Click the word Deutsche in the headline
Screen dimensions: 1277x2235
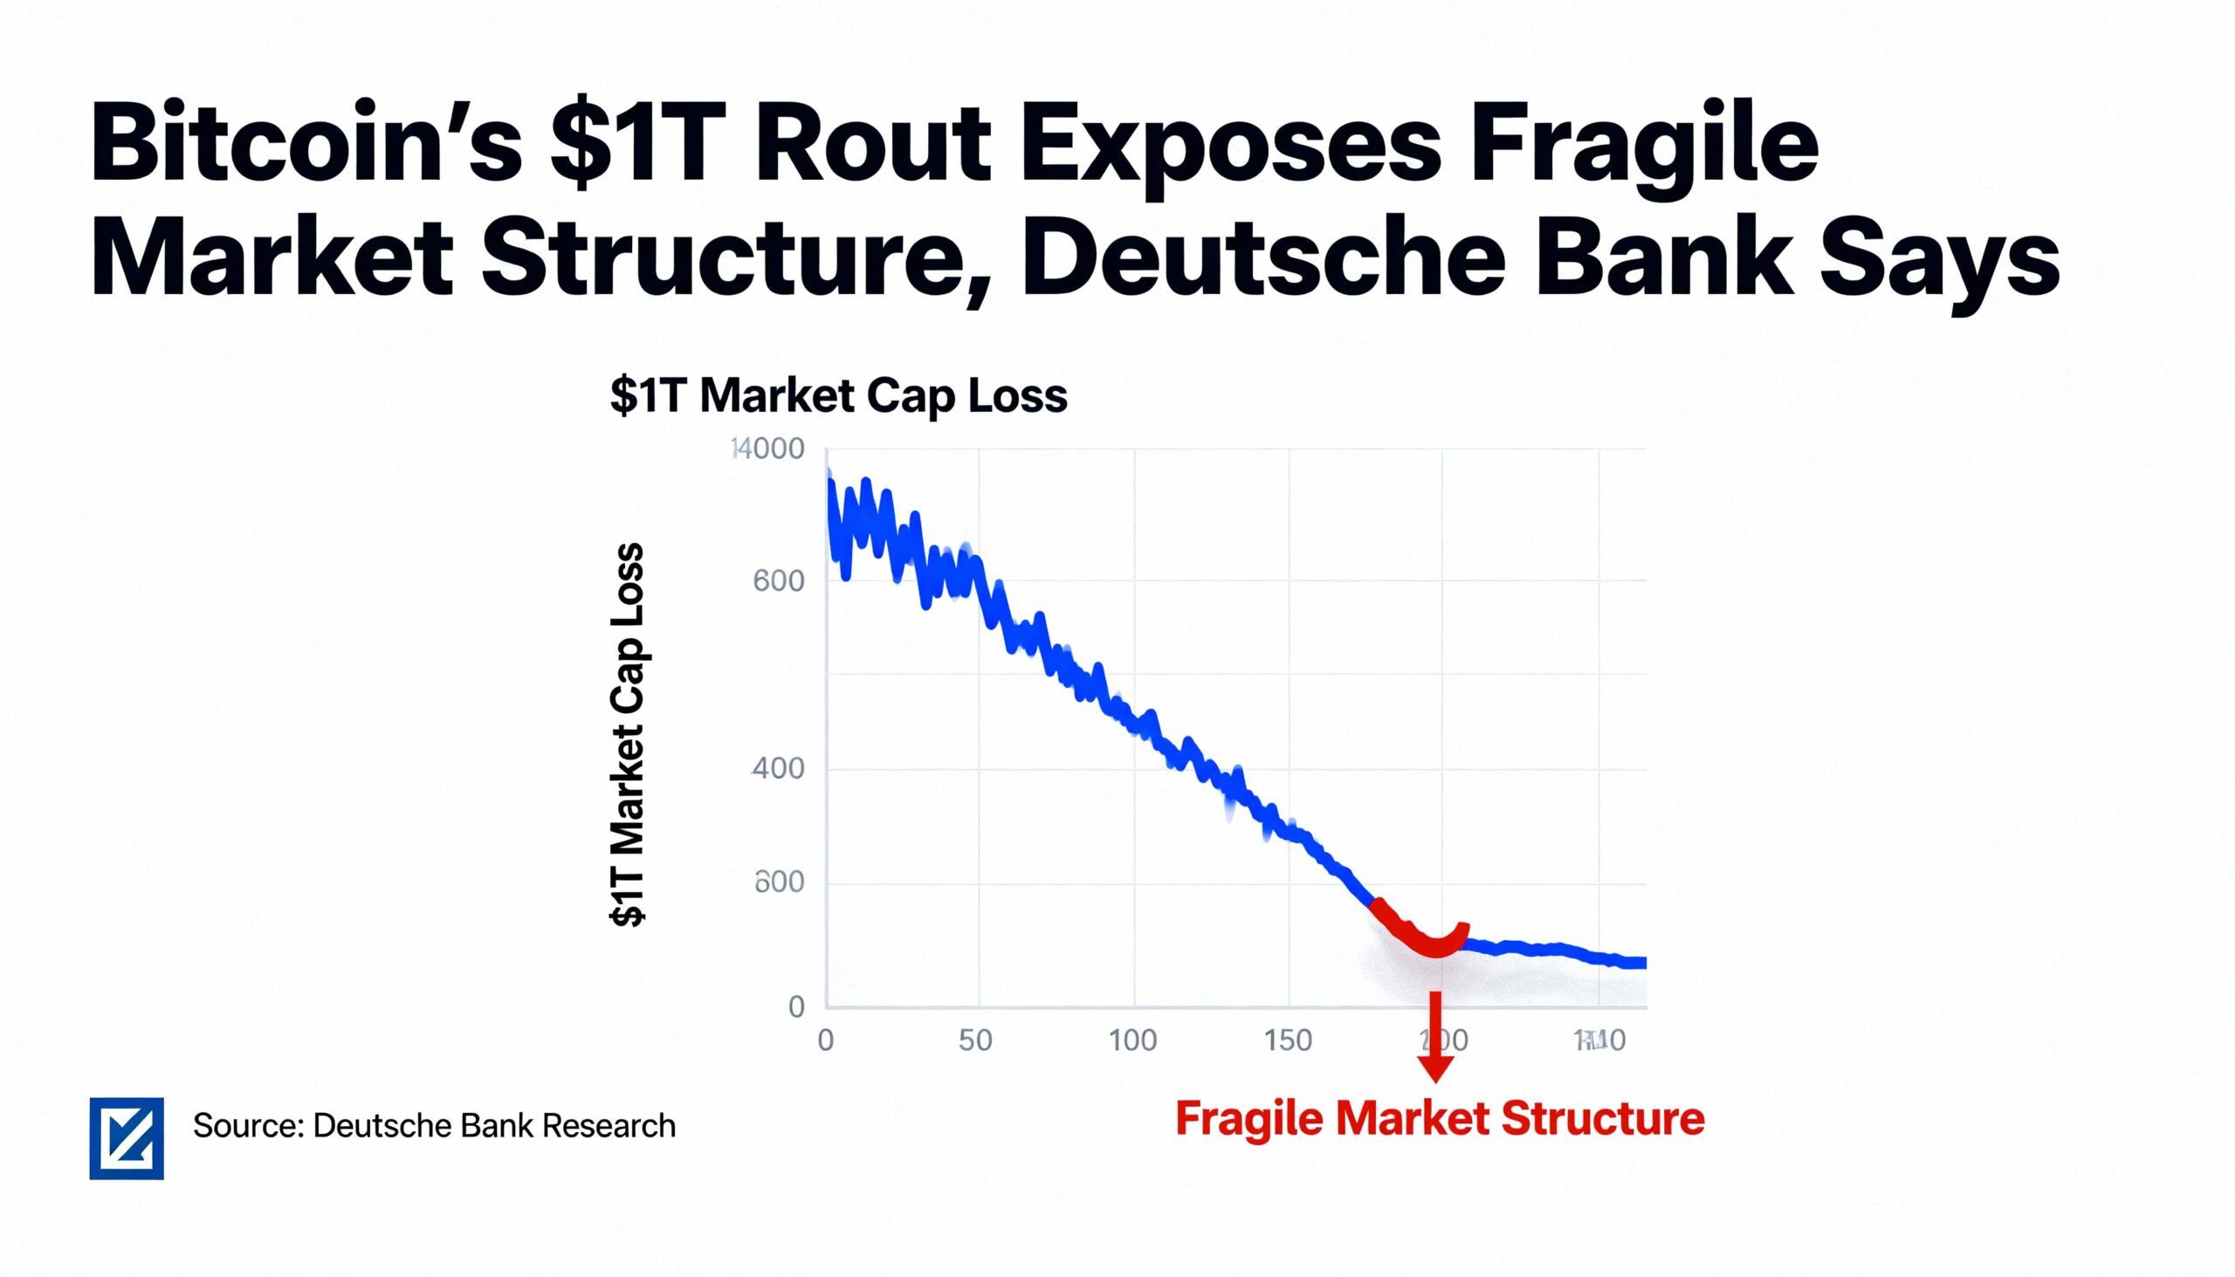(x=1263, y=258)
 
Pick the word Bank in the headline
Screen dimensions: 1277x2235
(x=1663, y=258)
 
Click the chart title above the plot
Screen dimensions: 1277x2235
(x=839, y=395)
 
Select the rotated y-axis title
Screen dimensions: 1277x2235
(x=628, y=735)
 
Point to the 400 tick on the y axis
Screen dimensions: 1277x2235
(x=778, y=768)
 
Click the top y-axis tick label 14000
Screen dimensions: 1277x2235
(x=767, y=449)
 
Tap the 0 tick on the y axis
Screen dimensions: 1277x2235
(x=796, y=1007)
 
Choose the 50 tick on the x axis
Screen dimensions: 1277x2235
(x=975, y=1041)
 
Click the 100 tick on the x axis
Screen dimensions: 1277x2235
(x=1132, y=1041)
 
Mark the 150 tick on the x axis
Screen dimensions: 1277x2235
(x=1288, y=1041)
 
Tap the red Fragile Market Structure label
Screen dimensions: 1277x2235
(x=1440, y=1119)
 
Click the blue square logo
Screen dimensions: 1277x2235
(x=127, y=1138)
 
